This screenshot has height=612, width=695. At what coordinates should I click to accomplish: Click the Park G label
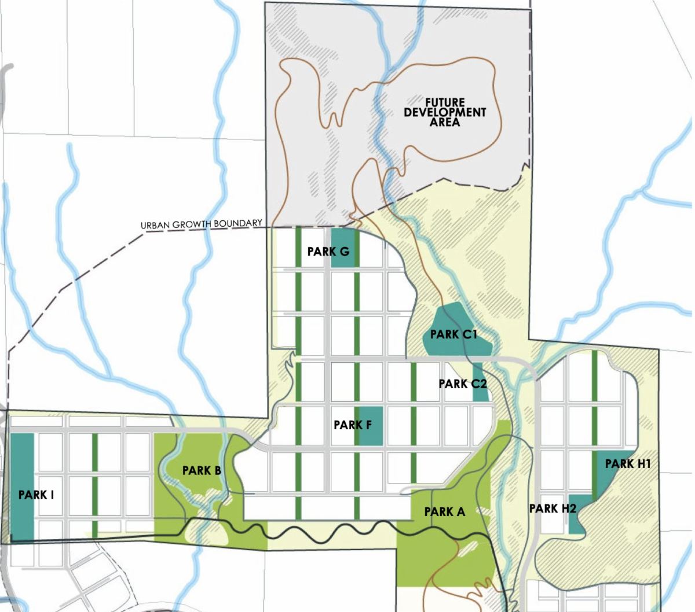(x=328, y=252)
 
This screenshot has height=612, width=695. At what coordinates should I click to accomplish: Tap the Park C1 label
(x=453, y=334)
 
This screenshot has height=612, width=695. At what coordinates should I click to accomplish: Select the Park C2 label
(x=463, y=384)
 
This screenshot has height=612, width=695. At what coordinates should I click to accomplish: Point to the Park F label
(x=353, y=425)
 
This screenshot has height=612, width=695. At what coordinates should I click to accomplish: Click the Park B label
(x=202, y=471)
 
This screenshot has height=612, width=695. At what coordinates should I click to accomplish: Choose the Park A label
(x=445, y=512)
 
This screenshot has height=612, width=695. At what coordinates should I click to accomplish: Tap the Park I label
(x=36, y=495)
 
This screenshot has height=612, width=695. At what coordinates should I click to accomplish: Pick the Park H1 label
(x=628, y=464)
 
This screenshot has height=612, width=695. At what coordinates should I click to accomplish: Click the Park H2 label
(x=553, y=509)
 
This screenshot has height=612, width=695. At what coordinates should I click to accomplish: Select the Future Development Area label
(x=445, y=112)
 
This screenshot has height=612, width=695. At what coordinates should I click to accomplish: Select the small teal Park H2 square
(x=579, y=521)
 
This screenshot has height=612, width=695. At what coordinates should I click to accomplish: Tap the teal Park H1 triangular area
(x=608, y=480)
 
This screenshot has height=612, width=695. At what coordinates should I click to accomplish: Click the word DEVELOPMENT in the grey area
(x=445, y=112)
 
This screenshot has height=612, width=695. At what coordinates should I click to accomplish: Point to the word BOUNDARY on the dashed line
(x=239, y=223)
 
